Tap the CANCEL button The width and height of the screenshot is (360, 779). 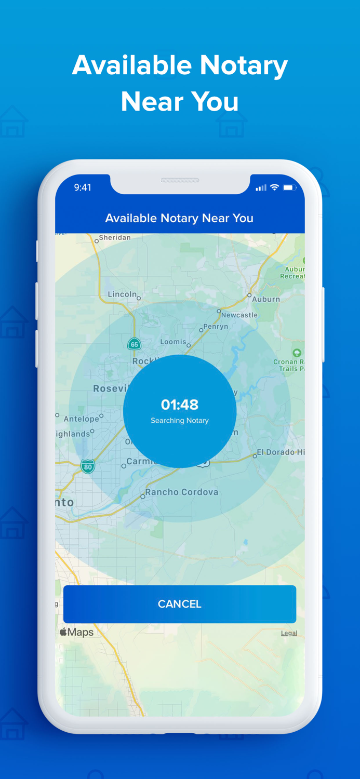click(x=180, y=604)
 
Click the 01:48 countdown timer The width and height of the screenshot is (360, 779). click(x=180, y=405)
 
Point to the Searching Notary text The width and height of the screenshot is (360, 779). click(x=180, y=421)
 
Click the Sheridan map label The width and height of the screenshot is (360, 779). click(x=115, y=237)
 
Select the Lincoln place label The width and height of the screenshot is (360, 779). click(x=122, y=294)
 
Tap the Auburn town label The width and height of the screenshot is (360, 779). click(x=266, y=299)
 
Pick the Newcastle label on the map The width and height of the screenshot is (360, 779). click(x=239, y=315)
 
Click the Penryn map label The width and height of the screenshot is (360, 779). click(x=216, y=327)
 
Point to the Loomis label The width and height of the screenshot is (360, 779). click(x=173, y=342)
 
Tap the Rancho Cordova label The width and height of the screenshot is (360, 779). click(x=182, y=492)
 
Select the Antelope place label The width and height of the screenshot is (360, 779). click(x=81, y=419)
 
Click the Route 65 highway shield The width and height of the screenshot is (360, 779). click(x=134, y=344)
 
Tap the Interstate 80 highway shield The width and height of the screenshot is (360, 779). click(x=88, y=466)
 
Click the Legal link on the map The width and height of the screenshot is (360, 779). click(x=289, y=633)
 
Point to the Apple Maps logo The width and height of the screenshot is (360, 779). click(x=76, y=632)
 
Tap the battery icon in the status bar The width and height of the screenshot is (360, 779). click(x=289, y=187)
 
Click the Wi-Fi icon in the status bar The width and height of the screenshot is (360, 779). click(x=274, y=187)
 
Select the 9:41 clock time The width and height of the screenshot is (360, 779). click(x=83, y=187)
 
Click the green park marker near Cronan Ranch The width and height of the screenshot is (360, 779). click(x=297, y=353)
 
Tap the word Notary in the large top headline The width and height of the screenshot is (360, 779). click(x=244, y=65)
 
